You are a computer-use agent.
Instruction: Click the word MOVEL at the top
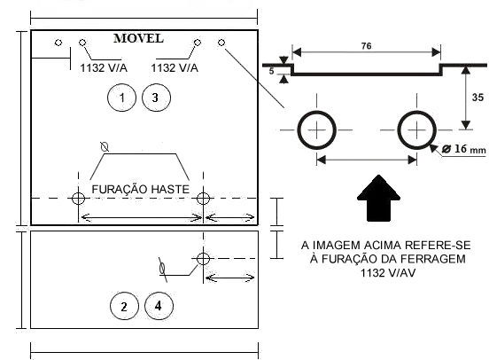click(138, 38)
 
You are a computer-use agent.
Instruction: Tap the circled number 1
click(121, 98)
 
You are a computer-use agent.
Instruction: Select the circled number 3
click(156, 98)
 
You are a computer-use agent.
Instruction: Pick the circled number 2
click(124, 306)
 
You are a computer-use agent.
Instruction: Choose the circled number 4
click(159, 306)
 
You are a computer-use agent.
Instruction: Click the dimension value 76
click(367, 46)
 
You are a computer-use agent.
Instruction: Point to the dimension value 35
click(477, 98)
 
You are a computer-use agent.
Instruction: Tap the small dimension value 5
click(271, 72)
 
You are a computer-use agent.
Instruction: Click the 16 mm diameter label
click(464, 149)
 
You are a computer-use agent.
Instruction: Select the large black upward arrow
click(378, 198)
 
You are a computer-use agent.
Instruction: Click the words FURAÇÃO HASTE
click(140, 189)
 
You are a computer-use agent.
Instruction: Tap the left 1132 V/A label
click(104, 67)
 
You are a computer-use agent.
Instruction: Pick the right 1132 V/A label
click(175, 67)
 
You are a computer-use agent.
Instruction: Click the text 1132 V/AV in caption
click(388, 273)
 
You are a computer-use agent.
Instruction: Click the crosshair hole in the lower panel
click(203, 259)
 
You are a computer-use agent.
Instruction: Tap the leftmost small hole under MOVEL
click(58, 43)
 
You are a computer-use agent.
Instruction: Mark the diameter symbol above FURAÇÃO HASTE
click(105, 146)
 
